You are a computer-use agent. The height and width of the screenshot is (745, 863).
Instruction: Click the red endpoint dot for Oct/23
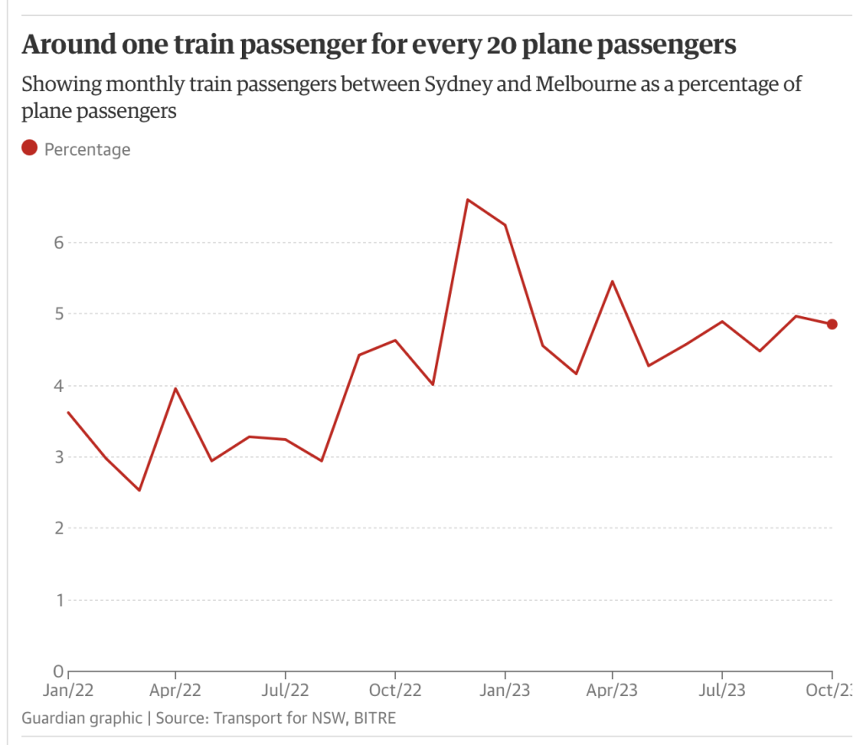click(832, 324)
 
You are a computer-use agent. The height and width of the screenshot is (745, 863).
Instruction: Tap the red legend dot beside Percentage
click(29, 148)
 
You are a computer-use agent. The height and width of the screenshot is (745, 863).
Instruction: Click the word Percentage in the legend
click(87, 149)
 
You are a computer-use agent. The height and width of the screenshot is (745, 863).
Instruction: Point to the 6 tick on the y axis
click(58, 243)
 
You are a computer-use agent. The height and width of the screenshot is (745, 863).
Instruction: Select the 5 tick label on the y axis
click(58, 314)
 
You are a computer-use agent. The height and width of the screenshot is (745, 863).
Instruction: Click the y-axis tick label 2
click(58, 528)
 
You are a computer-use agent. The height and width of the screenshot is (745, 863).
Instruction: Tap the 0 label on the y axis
click(58, 672)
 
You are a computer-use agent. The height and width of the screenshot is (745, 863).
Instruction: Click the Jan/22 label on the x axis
click(68, 689)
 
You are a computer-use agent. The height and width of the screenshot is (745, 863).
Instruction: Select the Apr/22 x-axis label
click(175, 689)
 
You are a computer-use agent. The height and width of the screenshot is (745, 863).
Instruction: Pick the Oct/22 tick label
click(395, 689)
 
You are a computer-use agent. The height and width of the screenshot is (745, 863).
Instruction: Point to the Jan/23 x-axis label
click(505, 689)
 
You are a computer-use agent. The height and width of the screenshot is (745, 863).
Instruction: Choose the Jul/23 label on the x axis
click(722, 689)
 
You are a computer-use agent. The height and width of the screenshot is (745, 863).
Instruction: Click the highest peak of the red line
click(468, 200)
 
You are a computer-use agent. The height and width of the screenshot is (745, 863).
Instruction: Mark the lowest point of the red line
click(139, 490)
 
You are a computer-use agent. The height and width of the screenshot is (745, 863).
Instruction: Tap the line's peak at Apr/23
click(612, 281)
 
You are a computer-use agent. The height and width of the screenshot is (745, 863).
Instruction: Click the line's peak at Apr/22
click(175, 389)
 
